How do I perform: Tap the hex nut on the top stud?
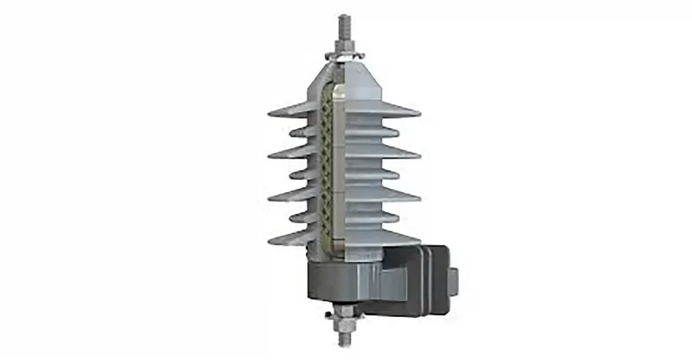point(345,46)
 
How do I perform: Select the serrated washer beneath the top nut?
point(345,55)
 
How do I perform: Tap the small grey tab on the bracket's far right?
point(453,277)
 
